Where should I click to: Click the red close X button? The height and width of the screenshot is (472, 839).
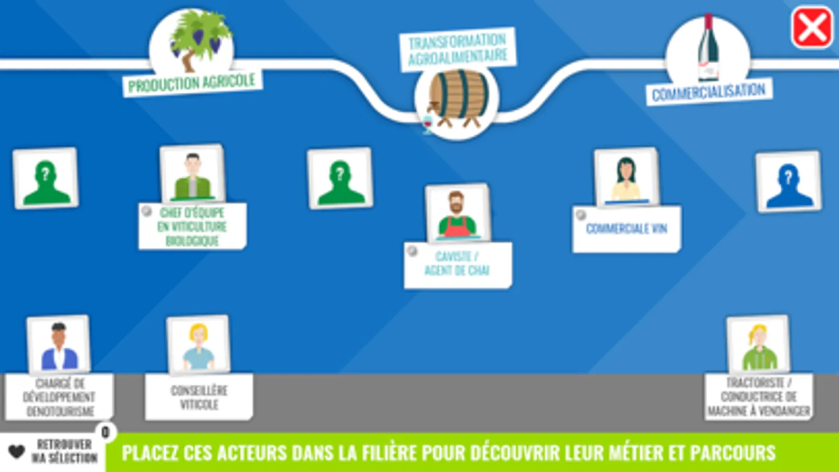[x=812, y=28]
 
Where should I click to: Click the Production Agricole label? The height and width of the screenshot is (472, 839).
[x=192, y=83]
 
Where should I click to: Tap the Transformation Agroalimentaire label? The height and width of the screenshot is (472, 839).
[x=458, y=49]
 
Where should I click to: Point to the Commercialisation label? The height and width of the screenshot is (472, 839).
[x=708, y=92]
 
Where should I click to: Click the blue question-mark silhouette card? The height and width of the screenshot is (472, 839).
[x=788, y=181]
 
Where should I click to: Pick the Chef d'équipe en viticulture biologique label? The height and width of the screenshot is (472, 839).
[x=193, y=227]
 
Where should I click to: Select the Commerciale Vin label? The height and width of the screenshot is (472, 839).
[x=626, y=229]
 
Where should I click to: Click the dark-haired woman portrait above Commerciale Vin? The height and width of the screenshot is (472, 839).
[x=626, y=178]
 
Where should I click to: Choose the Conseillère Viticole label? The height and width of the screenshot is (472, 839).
[x=199, y=397]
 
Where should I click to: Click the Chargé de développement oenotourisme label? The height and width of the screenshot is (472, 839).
[x=59, y=397]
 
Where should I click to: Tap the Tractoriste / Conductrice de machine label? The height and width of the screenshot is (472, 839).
[x=759, y=397]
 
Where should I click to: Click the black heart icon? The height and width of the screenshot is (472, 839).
[x=17, y=451]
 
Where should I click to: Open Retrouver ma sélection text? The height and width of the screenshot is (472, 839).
[x=65, y=451]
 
